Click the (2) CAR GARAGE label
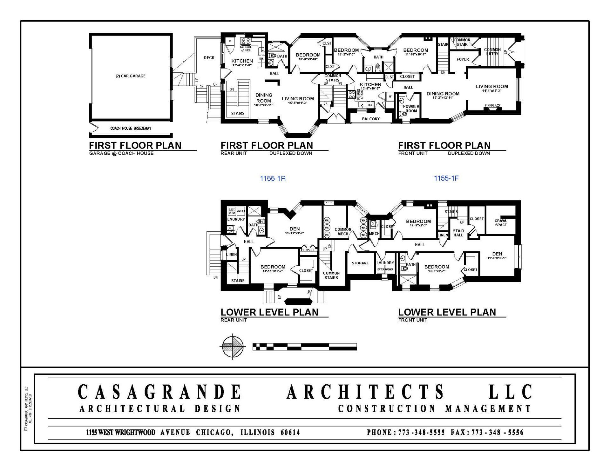tap(130, 76)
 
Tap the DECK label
tap(209, 58)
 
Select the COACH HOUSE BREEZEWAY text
tap(131, 129)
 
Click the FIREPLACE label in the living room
tap(492, 106)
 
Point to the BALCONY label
tap(371, 119)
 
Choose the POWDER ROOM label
tap(411, 109)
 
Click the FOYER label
tap(463, 59)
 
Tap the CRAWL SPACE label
tap(501, 223)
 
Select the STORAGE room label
tap(360, 263)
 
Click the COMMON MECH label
tap(343, 232)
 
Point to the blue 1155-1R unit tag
tap(273, 179)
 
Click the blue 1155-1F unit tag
tap(446, 178)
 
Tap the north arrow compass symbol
tap(233, 347)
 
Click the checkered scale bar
tap(304, 347)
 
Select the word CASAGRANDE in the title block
tap(159, 392)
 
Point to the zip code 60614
tap(290, 432)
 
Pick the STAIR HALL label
tap(458, 233)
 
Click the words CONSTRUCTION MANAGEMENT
tap(434, 409)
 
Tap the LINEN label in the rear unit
tap(231, 255)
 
